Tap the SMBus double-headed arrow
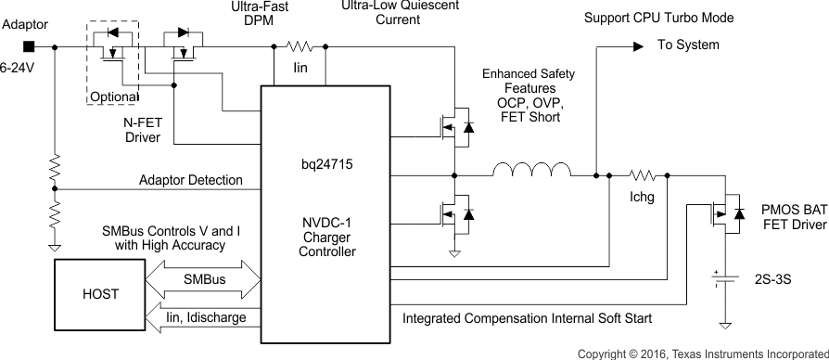pyautogui.click(x=204, y=277)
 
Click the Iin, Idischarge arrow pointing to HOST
pyautogui.click(x=204, y=318)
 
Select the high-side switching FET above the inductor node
pyautogui.click(x=457, y=126)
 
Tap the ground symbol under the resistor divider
pyautogui.click(x=55, y=248)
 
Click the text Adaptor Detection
pyautogui.click(x=190, y=179)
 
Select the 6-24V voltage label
pyautogui.click(x=19, y=68)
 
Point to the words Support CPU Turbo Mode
pyautogui.click(x=671, y=19)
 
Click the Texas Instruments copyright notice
pyautogui.click(x=702, y=354)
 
